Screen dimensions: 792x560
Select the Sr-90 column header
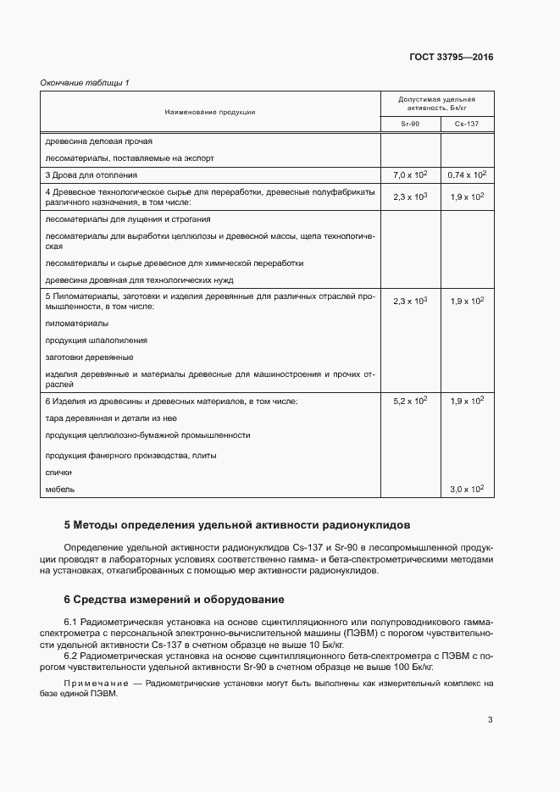point(410,125)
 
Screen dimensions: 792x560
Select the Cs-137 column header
point(466,125)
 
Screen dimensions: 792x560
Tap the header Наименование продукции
point(210,111)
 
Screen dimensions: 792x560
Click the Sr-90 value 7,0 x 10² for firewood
point(410,174)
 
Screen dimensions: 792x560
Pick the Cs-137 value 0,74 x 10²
point(466,174)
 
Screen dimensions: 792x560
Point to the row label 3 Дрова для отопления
point(91,175)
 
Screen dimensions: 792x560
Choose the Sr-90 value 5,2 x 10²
point(410,400)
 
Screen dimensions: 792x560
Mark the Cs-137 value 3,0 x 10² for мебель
point(466,489)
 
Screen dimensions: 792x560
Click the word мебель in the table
point(59,490)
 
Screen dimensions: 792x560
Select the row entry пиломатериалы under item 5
point(76,324)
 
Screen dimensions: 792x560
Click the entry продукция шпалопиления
point(96,340)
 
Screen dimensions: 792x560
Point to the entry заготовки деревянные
point(88,357)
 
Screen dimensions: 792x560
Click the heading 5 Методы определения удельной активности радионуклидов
point(236,525)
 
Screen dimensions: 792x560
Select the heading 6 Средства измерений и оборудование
point(175,600)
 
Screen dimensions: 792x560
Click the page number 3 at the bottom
point(490,721)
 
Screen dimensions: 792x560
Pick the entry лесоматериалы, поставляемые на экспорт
point(129,158)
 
